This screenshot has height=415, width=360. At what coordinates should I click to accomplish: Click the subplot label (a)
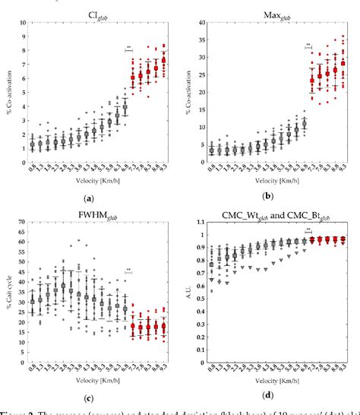click(90, 196)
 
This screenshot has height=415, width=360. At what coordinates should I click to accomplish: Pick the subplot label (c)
click(90, 397)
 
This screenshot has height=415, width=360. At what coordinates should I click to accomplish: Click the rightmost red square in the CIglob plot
click(163, 60)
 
